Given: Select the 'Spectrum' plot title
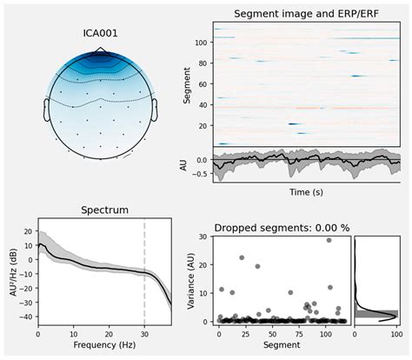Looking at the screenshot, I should [103, 210].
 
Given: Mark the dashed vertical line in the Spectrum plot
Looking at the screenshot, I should [144, 270].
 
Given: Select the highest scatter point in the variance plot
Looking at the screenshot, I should [329, 240].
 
